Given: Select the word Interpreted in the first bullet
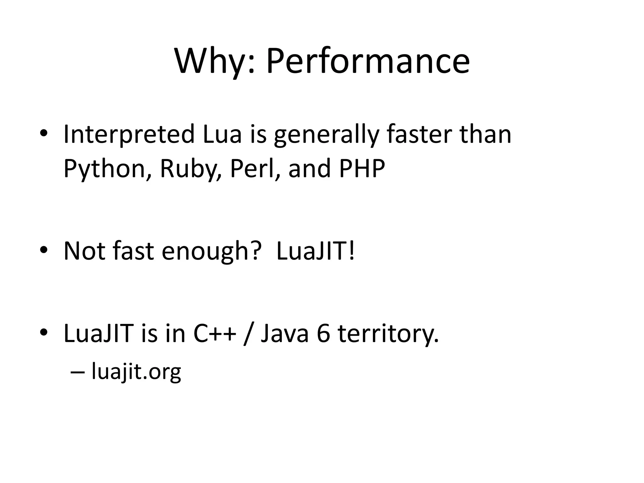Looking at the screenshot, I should click(129, 135).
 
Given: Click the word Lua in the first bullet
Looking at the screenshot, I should click(222, 135).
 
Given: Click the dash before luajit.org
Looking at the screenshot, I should click(78, 372).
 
